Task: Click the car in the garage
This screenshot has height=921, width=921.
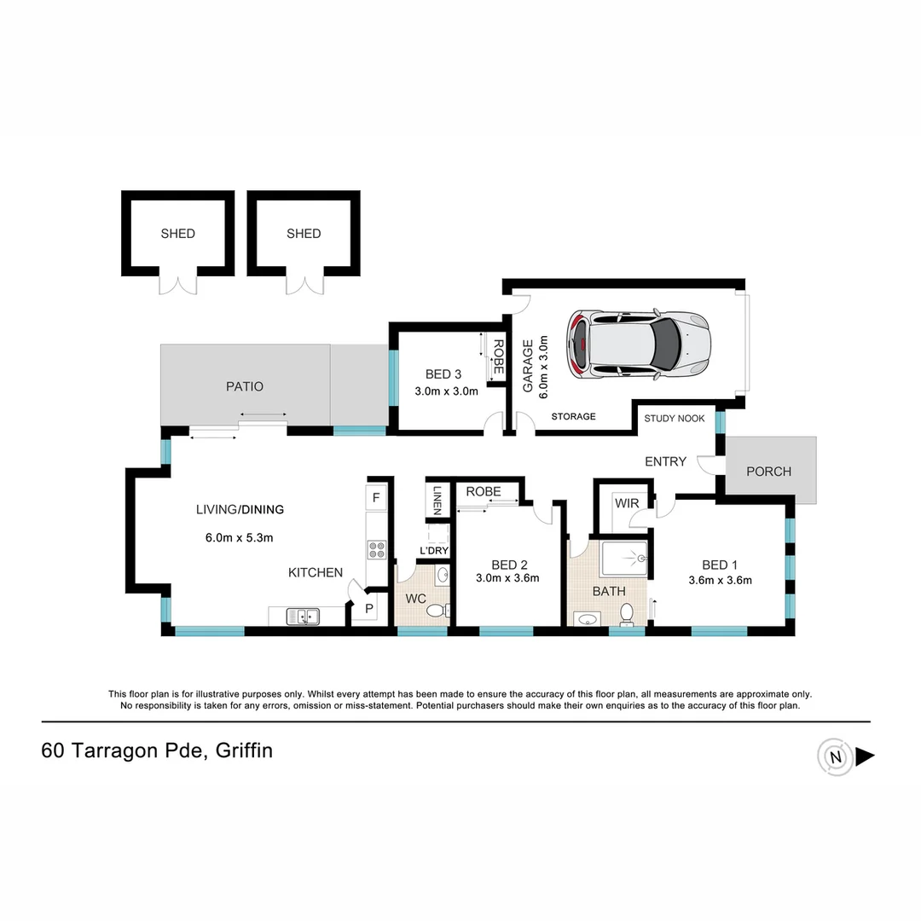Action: [640, 344]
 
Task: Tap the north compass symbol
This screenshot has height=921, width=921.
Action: [835, 756]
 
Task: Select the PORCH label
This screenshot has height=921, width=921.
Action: [768, 472]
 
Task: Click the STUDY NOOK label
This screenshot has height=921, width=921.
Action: [674, 419]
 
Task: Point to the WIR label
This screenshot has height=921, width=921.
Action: [627, 503]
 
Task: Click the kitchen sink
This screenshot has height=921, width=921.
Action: [302, 615]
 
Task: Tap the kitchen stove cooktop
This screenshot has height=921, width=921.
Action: [376, 550]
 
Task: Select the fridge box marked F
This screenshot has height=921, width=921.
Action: [376, 497]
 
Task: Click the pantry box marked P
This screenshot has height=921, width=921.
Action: [369, 609]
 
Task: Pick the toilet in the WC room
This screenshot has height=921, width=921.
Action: [436, 610]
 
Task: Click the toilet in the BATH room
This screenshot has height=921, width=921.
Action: [628, 612]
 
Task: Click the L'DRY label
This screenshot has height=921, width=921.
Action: [434, 551]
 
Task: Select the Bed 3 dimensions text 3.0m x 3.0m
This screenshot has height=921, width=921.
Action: [446, 392]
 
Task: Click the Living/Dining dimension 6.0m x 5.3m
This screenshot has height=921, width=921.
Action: [239, 537]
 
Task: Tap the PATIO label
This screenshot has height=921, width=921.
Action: [245, 386]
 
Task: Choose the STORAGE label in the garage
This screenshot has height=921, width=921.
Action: [573, 416]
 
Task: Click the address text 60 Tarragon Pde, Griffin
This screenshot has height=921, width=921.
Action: [157, 751]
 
